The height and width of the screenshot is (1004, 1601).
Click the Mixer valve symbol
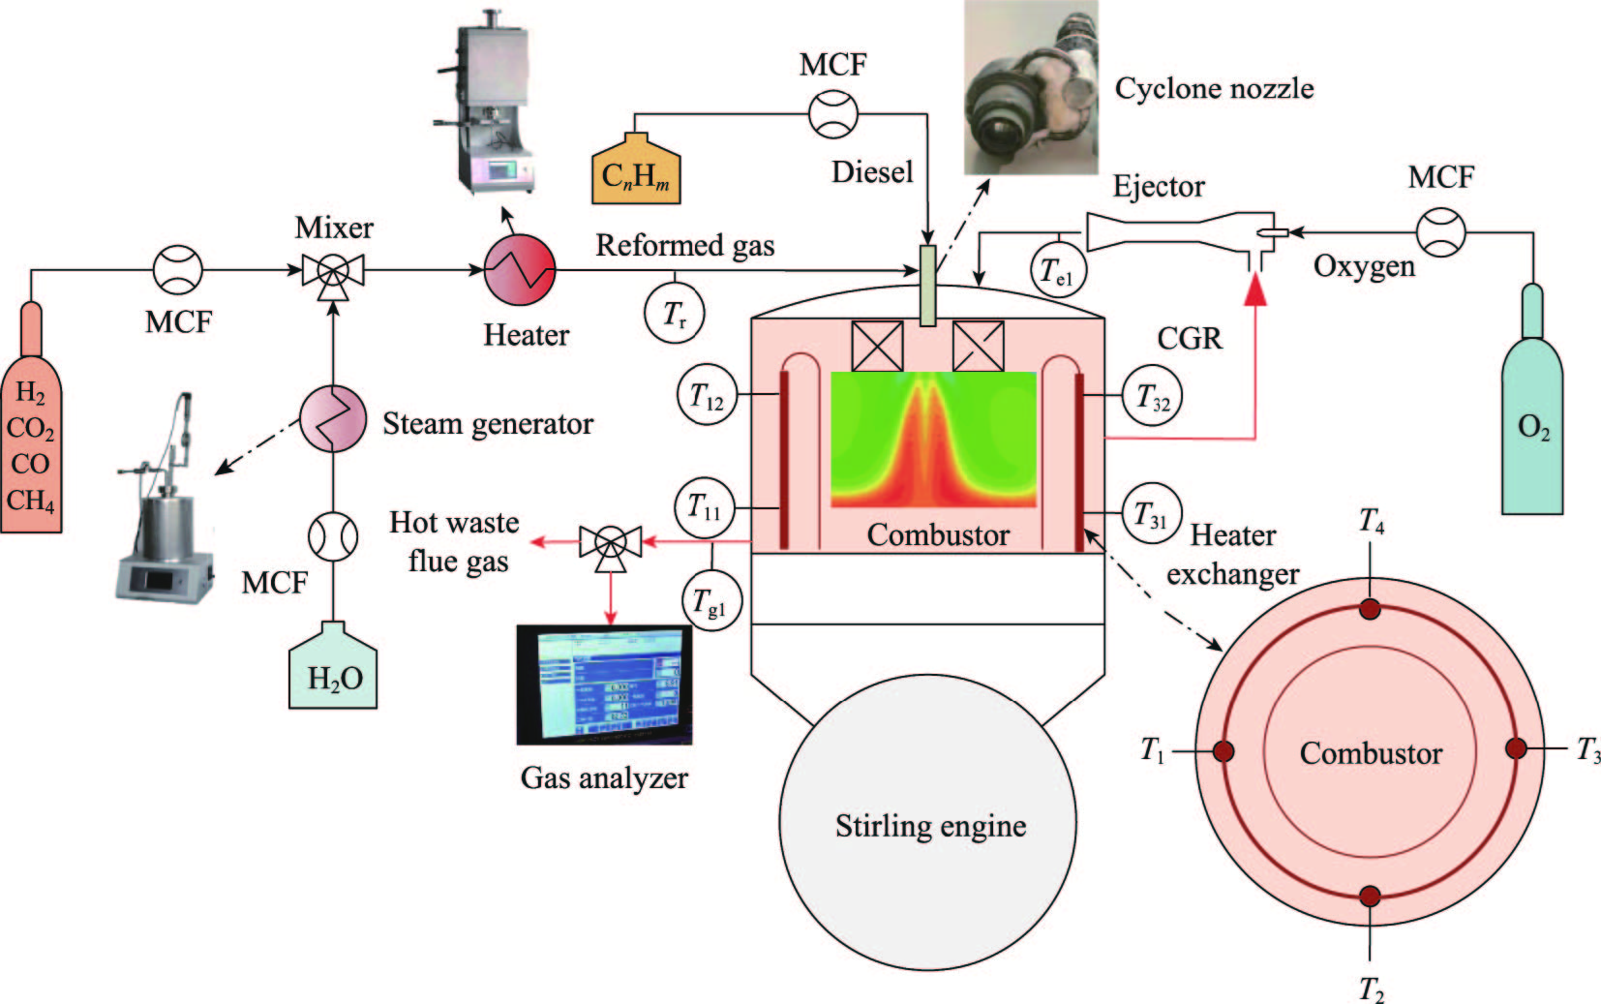[x=333, y=270]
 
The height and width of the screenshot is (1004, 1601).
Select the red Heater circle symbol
[x=520, y=270]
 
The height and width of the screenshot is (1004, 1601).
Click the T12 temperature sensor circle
[x=707, y=395]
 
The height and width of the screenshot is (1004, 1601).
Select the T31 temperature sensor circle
[x=1152, y=513]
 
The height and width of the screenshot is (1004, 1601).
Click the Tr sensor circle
[x=674, y=313]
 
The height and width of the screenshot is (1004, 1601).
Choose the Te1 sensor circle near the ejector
[x=1056, y=271]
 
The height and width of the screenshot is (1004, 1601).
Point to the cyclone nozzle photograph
[x=1031, y=87]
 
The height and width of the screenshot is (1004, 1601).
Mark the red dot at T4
[x=1369, y=608]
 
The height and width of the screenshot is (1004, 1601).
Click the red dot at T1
[x=1223, y=750]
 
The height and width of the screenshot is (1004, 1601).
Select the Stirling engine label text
[x=930, y=826]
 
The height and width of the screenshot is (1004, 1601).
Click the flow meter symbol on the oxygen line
[x=1440, y=232]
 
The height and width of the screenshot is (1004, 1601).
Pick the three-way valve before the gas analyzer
[x=610, y=542]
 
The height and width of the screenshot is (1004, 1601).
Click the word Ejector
[x=1159, y=186]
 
